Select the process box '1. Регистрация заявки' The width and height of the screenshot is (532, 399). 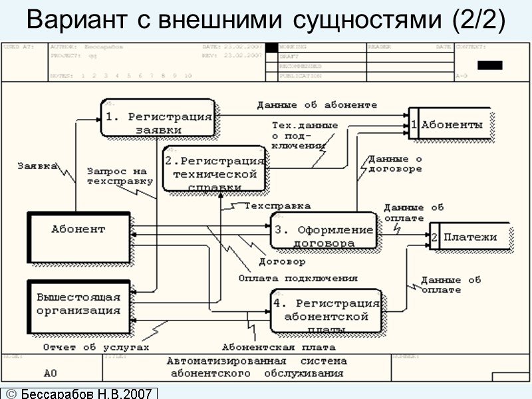[x=158, y=122]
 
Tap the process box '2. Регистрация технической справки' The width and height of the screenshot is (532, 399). [x=214, y=169]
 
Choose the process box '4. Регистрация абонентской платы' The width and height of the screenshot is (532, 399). [x=326, y=311]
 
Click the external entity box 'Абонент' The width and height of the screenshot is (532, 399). [x=78, y=237]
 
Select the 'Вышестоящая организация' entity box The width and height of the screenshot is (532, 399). [x=78, y=303]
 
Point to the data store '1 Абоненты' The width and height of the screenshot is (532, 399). [x=451, y=124]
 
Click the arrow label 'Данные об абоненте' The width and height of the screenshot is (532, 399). [x=317, y=105]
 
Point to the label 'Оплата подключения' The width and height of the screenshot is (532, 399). [x=297, y=278]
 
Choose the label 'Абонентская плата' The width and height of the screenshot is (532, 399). [x=278, y=347]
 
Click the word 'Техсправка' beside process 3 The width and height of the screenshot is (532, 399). [x=277, y=205]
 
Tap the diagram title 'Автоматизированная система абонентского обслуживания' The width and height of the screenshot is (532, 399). [x=257, y=367]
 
